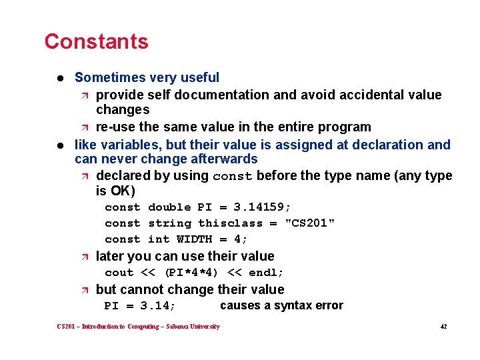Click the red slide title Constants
tap(96, 41)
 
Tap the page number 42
tap(443, 327)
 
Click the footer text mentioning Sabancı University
tap(139, 327)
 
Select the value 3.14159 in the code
tap(263, 207)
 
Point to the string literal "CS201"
tap(310, 223)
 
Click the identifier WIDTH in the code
tap(194, 239)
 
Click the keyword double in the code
tap(169, 207)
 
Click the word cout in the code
tap(119, 273)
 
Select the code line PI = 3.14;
tap(140, 306)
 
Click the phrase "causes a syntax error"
tap(281, 305)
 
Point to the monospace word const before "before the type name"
tap(232, 177)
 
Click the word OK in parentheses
tap(122, 191)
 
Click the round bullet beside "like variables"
tap(60, 145)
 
